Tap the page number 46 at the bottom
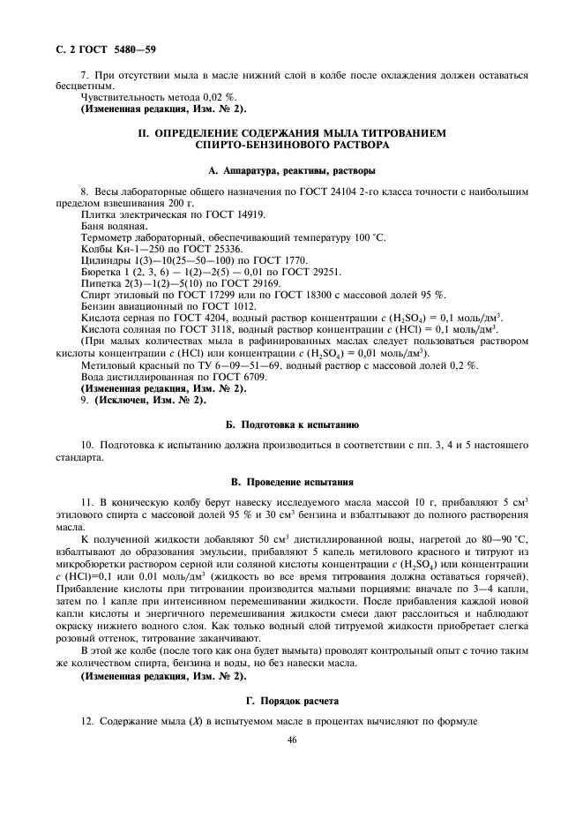[291, 740]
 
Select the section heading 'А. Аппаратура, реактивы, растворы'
[291, 169]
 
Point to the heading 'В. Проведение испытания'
[291, 483]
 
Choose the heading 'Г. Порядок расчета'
[291, 700]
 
